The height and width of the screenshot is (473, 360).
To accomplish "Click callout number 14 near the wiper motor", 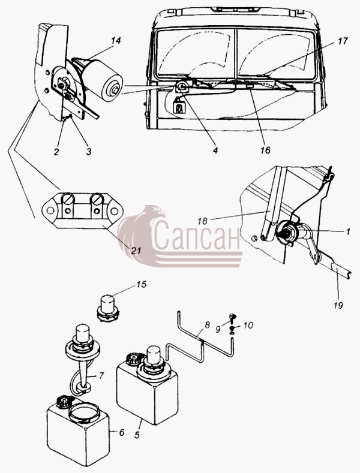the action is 116,40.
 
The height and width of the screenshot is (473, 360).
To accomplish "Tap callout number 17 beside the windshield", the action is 343,41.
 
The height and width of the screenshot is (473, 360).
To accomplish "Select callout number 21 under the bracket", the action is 136,251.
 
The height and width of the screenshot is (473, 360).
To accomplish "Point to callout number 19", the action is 338,305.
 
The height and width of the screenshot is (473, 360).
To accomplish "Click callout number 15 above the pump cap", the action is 142,284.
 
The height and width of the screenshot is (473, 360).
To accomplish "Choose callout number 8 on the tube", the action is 207,325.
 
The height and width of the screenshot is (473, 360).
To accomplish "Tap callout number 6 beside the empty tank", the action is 121,432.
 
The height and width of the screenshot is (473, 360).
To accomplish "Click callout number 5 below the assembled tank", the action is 137,435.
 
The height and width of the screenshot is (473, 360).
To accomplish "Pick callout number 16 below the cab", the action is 265,150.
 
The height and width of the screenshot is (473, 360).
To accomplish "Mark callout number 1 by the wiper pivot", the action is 348,231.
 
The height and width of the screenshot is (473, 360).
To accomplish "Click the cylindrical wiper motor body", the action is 103,79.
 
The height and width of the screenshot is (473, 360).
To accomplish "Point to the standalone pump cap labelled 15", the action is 108,308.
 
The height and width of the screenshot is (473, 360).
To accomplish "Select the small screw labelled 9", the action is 233,317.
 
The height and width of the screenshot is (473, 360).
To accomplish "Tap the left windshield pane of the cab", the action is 195,52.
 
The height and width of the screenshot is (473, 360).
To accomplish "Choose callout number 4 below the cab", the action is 215,150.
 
